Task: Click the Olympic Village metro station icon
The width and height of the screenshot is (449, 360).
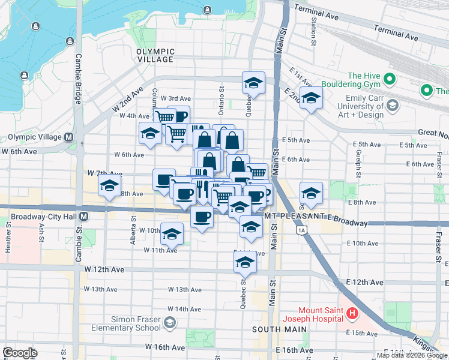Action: tap(69, 137)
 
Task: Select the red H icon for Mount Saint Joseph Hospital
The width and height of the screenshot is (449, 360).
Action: tap(352, 313)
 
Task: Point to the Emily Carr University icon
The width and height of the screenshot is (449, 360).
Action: tap(392, 106)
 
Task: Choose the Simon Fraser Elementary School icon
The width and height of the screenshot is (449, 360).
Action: tap(170, 323)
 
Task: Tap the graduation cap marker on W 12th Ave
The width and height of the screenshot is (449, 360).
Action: tap(244, 262)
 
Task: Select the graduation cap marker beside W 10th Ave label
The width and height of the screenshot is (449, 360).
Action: tap(172, 234)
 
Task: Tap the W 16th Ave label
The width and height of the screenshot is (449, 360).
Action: tap(164, 347)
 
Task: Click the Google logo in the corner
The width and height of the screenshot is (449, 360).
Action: tap(20, 353)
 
